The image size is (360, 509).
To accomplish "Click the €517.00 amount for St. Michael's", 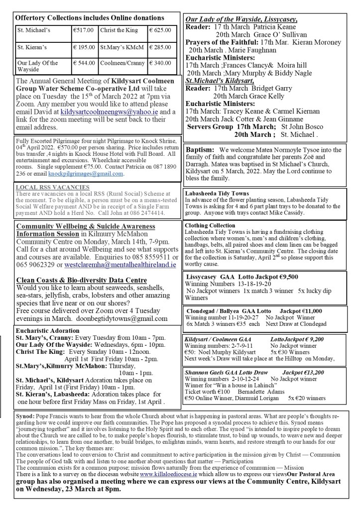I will coord(83,30).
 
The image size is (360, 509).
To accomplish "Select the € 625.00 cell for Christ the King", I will coord(161,30).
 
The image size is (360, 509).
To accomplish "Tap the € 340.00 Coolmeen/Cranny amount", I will coord(161,63).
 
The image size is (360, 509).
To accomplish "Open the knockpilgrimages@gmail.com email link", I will coord(92,174).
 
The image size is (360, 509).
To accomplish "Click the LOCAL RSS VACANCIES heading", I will coord(46,188).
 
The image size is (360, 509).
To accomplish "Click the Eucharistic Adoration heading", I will coord(47,330).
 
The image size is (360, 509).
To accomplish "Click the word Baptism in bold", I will coord(200,150).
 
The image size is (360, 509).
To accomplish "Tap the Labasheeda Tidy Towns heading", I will coord(217,193).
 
